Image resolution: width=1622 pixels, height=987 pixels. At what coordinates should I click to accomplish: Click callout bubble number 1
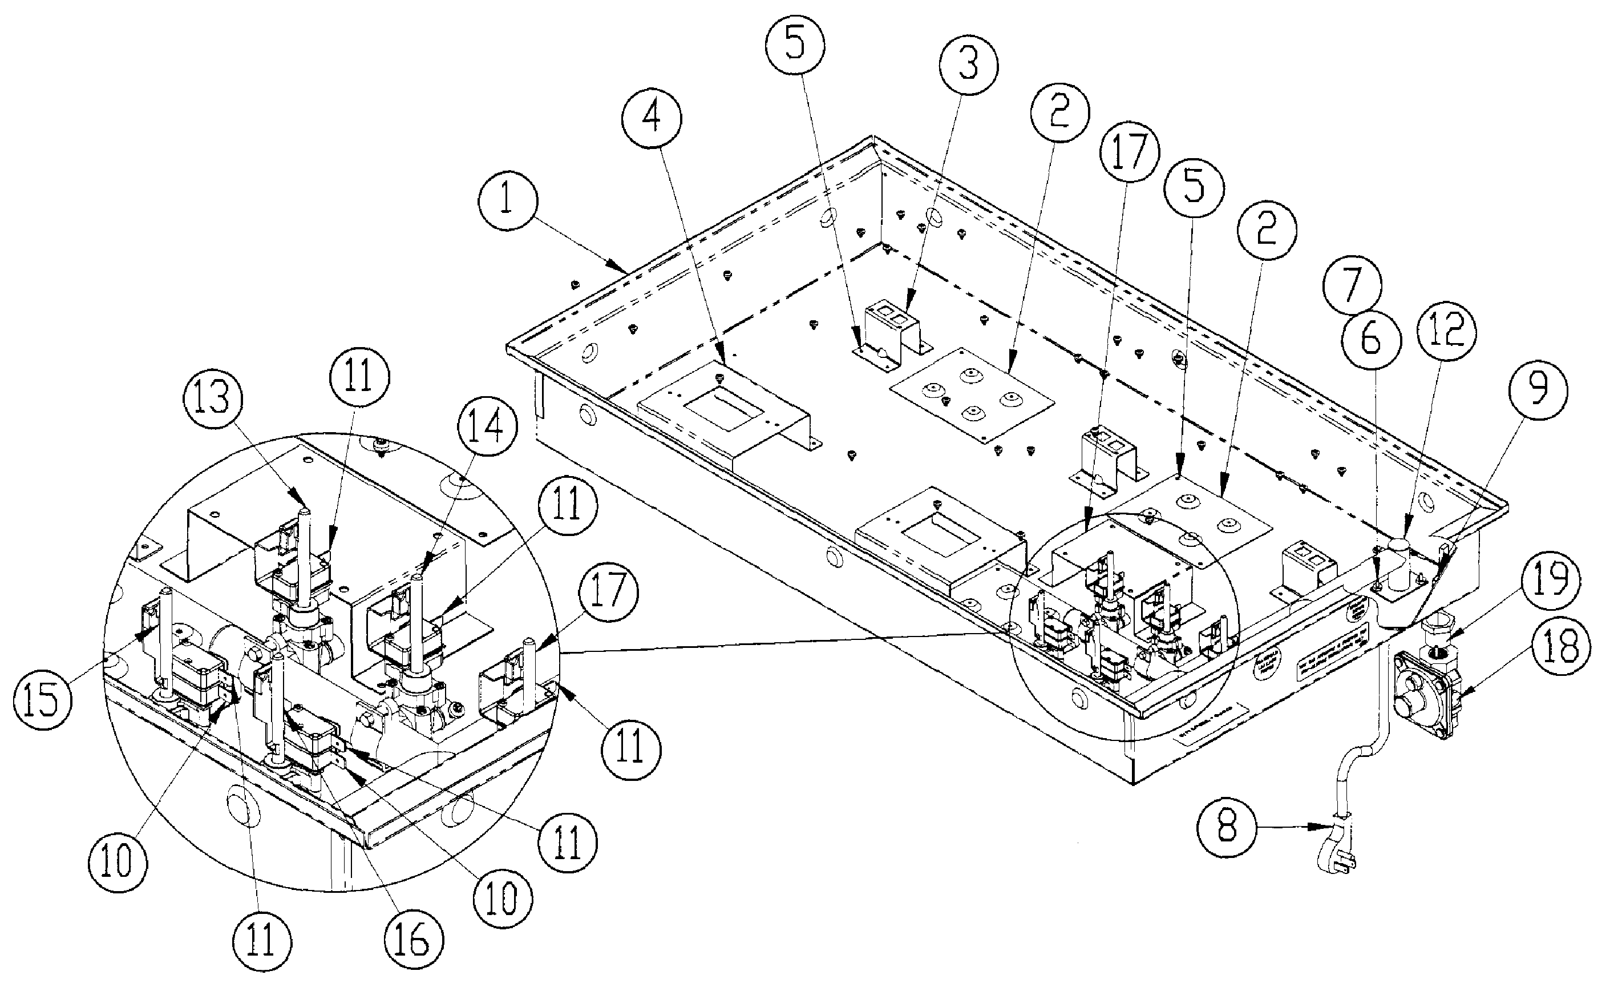[x=506, y=202]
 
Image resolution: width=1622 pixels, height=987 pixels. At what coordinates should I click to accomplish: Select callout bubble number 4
[x=652, y=119]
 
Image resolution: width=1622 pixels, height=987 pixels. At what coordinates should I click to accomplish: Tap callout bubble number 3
[x=968, y=65]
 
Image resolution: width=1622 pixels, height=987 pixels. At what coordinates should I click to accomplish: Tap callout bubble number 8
[x=1227, y=827]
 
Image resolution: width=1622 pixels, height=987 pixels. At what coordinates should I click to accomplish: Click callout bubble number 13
[x=214, y=400]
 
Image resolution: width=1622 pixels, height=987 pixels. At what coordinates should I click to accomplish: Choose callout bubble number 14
[x=487, y=428]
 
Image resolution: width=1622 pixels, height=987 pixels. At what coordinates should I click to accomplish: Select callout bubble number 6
[x=1370, y=340]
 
